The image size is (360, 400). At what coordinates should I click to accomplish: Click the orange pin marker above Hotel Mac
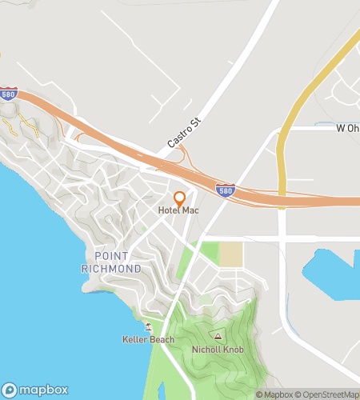180,198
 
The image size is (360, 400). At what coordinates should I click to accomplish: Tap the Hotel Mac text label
178,210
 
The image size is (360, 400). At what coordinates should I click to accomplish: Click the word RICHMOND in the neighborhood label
111,268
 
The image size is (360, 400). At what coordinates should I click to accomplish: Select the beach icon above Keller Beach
147,326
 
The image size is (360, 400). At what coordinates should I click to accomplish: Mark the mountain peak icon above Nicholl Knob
217,337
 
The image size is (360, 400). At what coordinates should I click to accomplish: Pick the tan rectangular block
230,255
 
